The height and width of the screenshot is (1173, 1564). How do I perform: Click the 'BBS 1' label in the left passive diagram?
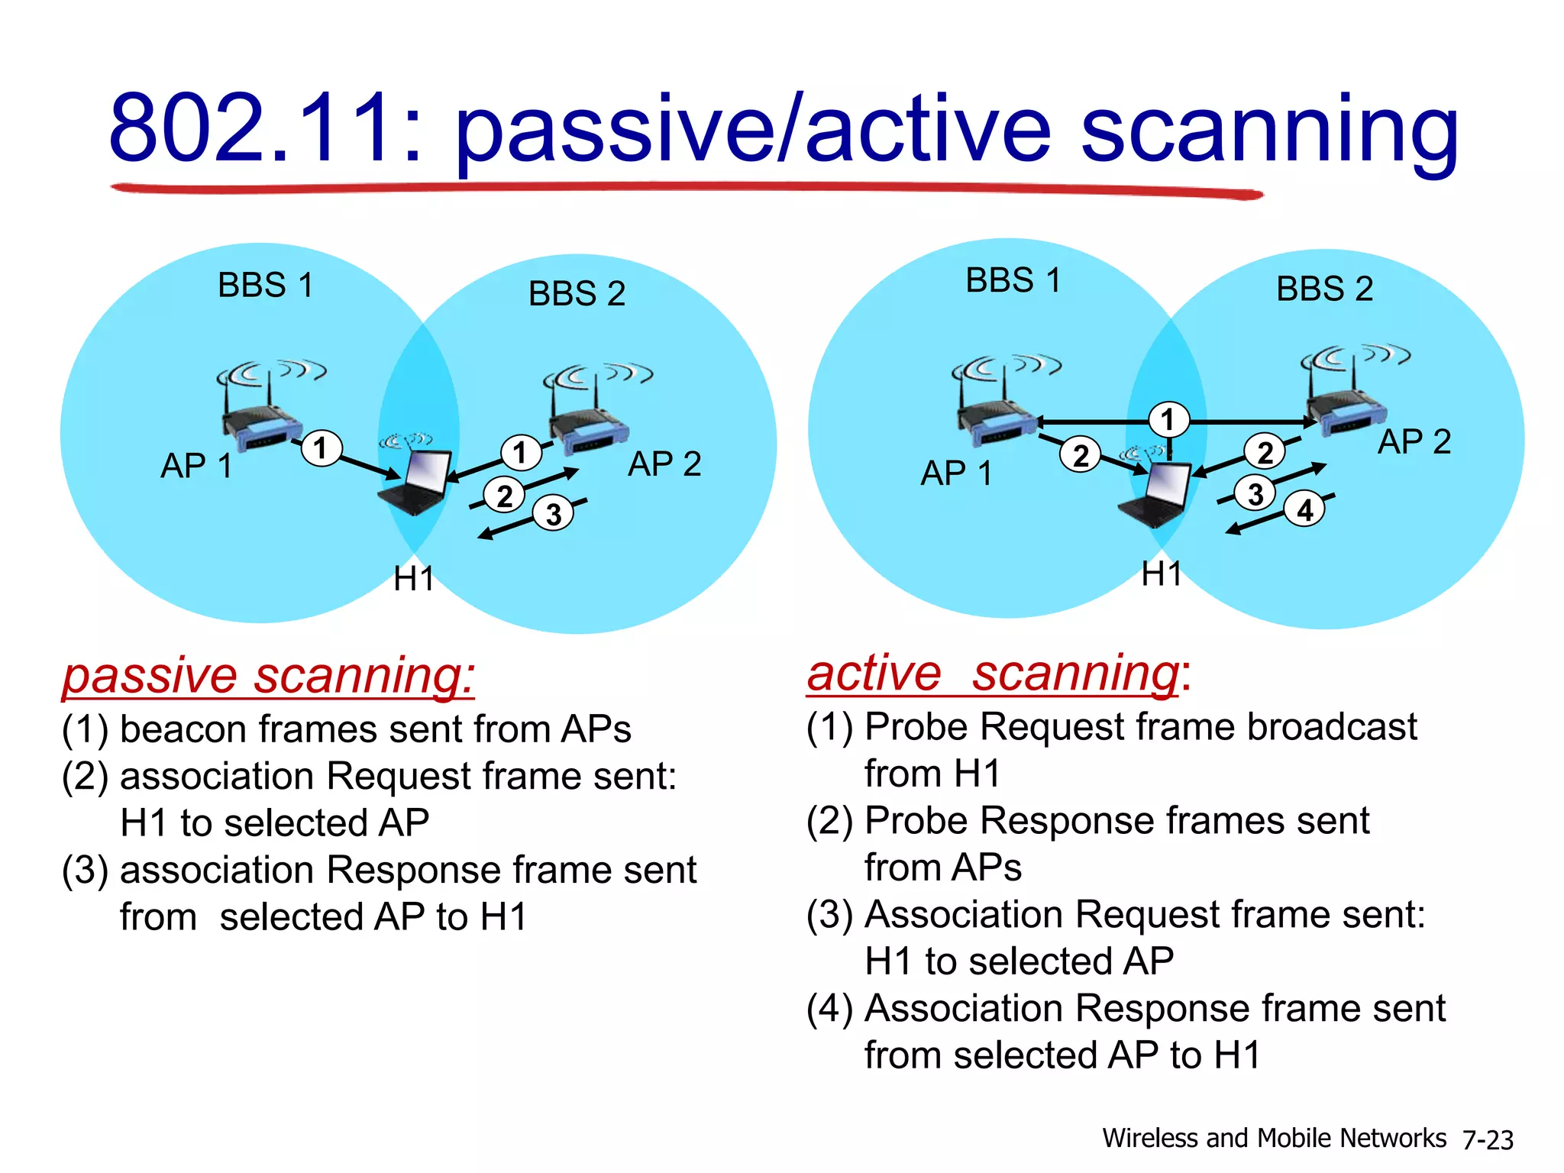click(x=265, y=285)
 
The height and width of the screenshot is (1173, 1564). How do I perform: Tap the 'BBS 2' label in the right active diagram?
click(x=1324, y=289)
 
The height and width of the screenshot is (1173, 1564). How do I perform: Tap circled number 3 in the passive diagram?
click(x=554, y=514)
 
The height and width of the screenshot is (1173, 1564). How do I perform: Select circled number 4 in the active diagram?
click(x=1305, y=509)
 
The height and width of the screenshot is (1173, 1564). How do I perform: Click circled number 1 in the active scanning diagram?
click(x=1168, y=419)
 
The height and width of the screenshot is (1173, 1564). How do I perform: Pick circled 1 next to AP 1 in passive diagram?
click(x=321, y=448)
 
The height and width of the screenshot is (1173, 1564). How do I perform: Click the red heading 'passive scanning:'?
click(x=268, y=676)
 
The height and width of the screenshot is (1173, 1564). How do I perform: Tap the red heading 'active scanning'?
click(x=993, y=674)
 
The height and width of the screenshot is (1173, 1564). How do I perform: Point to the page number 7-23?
click(x=1488, y=1139)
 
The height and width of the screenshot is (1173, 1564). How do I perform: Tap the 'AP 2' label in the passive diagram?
click(x=664, y=464)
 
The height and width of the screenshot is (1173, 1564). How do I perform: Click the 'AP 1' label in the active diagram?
click(x=955, y=473)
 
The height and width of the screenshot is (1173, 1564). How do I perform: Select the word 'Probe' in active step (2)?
click(x=916, y=821)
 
